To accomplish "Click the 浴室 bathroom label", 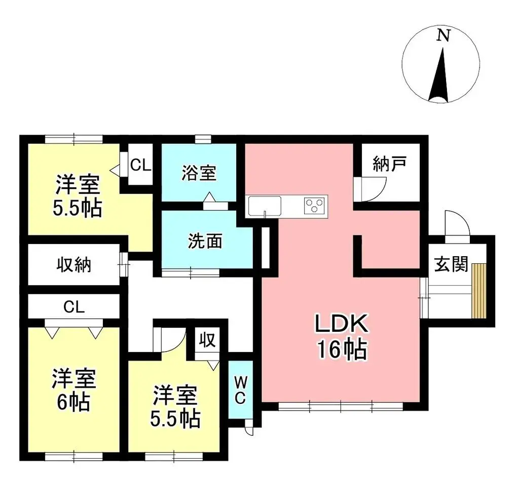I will [x=199, y=172].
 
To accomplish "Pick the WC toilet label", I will [x=241, y=389].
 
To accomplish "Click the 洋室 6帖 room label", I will [x=73, y=390].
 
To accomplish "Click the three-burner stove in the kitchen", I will [x=315, y=205].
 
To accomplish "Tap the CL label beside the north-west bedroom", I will [x=139, y=165].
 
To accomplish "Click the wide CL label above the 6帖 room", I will [x=74, y=306].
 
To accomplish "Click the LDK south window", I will [x=340, y=406].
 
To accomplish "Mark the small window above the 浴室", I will [x=203, y=138].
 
